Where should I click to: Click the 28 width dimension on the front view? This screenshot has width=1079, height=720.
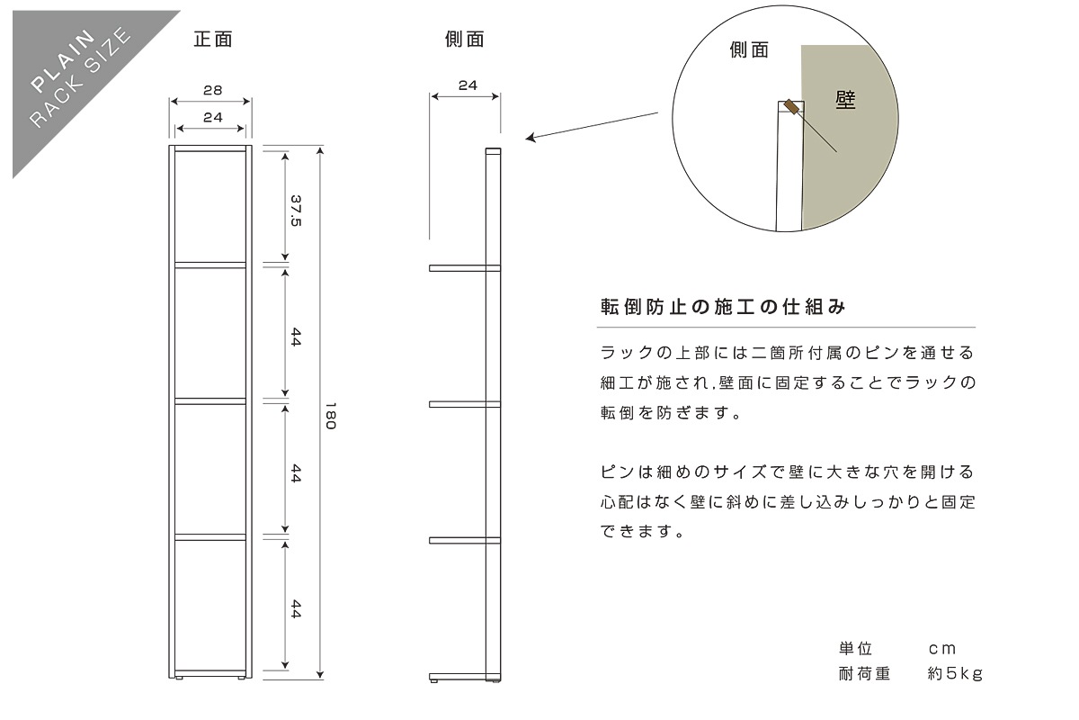[212, 90]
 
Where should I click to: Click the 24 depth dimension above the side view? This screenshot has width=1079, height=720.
[467, 85]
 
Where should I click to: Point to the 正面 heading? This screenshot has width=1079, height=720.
[213, 40]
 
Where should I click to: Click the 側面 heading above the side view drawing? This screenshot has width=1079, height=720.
[464, 40]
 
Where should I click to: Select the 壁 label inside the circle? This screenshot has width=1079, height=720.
[845, 100]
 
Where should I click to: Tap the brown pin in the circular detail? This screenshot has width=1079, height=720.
[792, 107]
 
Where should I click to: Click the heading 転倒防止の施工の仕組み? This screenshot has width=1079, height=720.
[723, 306]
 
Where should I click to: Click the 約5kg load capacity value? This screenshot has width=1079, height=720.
[955, 673]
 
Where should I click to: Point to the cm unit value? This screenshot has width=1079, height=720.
[942, 649]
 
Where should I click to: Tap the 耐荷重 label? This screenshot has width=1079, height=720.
[863, 673]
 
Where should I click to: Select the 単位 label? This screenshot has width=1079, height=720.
[855, 649]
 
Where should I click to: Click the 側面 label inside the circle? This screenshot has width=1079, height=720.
[749, 50]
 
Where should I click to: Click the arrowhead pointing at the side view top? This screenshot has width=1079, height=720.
[531, 139]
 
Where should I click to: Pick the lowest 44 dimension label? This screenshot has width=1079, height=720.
[296, 609]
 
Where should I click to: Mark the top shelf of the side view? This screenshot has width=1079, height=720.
[463, 268]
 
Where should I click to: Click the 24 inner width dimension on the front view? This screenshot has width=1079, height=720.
[212, 117]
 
